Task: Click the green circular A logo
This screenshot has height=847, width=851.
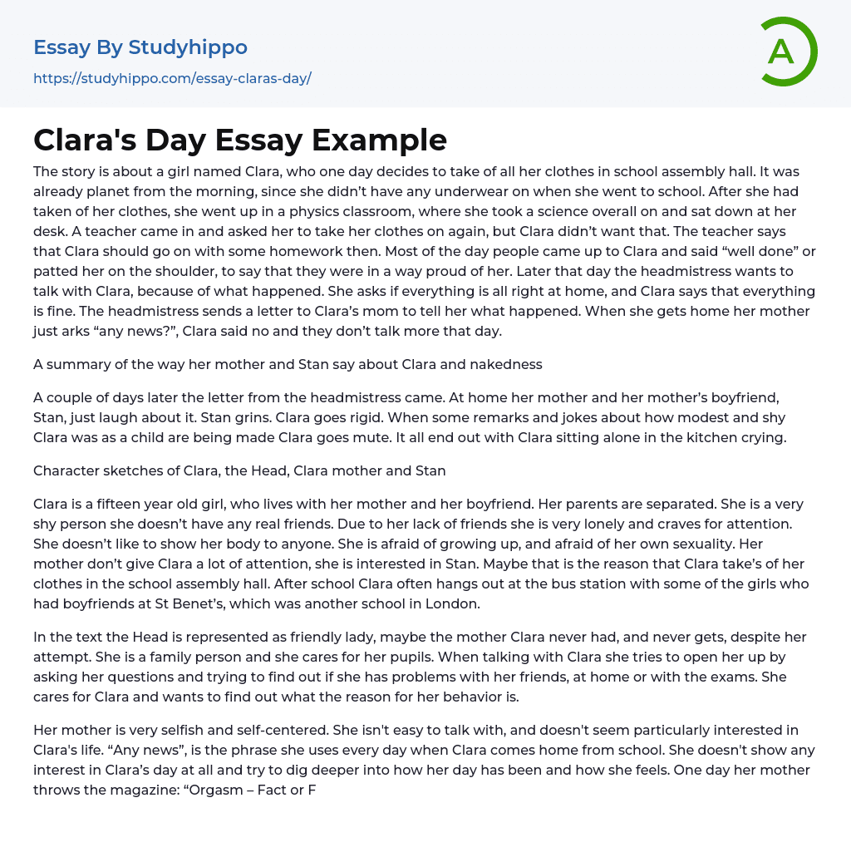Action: point(788,52)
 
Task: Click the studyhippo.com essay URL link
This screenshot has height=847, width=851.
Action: point(172,79)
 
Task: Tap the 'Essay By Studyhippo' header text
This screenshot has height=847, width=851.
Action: point(140,47)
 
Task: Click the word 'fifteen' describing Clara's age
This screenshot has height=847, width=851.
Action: point(122,505)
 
